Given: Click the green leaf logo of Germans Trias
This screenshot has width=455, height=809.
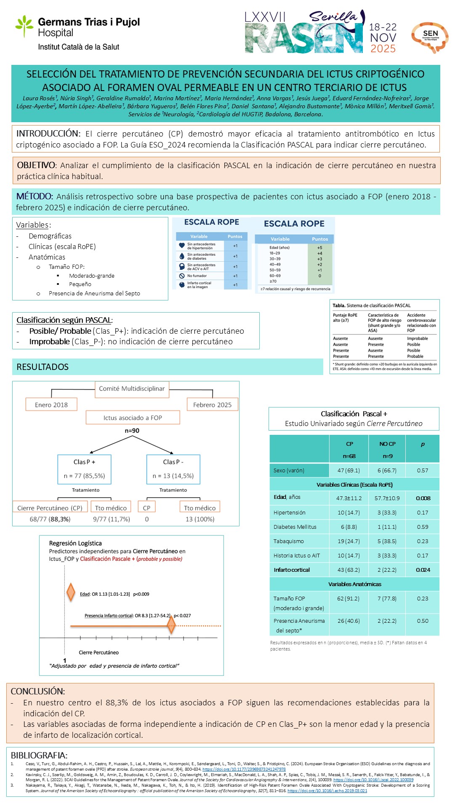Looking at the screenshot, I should coord(24,26).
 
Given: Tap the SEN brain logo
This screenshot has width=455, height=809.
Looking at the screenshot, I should coord(430,37).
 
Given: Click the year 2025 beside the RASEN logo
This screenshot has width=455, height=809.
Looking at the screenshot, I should coord(383,49).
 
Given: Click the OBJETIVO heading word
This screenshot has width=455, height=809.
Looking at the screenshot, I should coord(36,165).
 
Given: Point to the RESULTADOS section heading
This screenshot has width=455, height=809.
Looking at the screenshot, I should coord(43,367).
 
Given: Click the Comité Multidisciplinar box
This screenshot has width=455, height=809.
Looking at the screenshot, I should coord(132,389).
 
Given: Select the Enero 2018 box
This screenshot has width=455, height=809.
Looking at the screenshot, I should coord(51,405).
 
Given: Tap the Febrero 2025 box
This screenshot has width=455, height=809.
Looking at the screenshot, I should coord(212,405).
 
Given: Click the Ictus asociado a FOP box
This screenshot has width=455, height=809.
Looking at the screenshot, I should coord(133,418).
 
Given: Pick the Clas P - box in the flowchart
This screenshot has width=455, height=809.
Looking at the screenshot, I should coord(173,469).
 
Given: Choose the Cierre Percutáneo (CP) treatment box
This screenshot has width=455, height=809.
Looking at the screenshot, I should coord(50,508).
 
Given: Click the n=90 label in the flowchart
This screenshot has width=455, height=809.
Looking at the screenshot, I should coord(132,431).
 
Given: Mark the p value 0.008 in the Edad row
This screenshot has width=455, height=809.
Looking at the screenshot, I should coord(423,498).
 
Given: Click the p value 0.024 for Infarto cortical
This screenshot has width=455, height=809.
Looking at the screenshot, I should coord(423,570).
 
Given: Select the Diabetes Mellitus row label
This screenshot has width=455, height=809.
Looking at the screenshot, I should coord(295,527).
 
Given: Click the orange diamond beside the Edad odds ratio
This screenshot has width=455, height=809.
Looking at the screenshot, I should coord(71,592).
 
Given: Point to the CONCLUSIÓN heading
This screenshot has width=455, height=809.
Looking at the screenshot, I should coord(38,691).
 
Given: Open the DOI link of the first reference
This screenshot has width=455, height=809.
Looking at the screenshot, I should coord(244,769).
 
